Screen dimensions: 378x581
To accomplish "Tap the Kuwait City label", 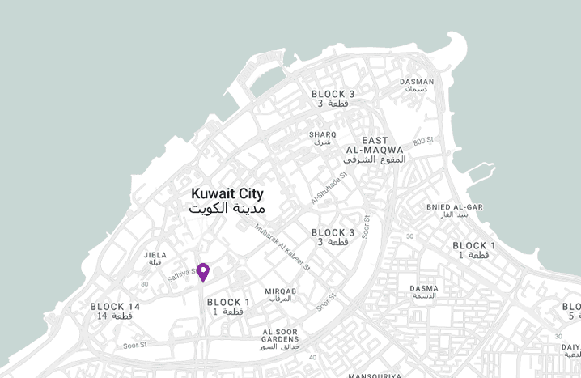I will [227, 201].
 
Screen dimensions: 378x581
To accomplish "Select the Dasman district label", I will [417, 85].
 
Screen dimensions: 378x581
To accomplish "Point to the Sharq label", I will [322, 138].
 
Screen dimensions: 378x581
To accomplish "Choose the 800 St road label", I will [423, 142].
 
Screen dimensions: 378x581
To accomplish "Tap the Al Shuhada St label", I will [329, 187].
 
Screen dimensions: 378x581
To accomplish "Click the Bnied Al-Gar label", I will [454, 210].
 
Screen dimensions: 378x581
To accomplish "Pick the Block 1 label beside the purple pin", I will [229, 306].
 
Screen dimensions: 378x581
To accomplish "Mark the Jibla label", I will [155, 258].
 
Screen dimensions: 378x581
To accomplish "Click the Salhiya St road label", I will [182, 276].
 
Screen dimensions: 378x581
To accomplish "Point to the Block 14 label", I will [115, 311].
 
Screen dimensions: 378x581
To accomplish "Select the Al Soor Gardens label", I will [280, 339].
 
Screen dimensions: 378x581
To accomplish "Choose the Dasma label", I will [424, 291].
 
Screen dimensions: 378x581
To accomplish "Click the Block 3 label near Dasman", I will [333, 99].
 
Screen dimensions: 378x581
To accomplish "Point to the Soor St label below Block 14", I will [134, 345].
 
